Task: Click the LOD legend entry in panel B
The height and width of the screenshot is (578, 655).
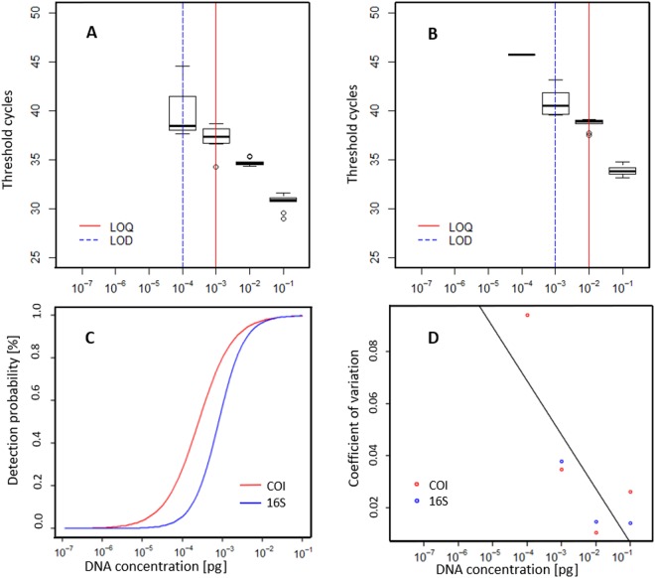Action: click(x=444, y=239)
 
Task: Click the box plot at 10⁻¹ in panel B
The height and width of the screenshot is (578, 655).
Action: click(x=622, y=170)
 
